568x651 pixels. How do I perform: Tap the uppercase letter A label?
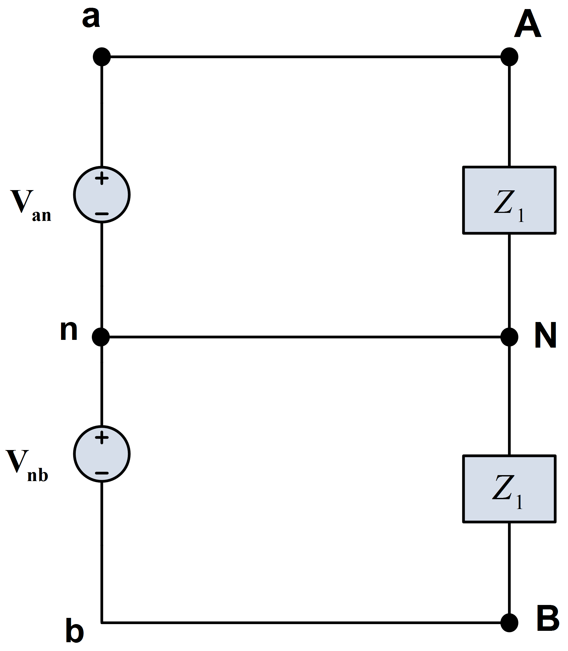coord(527,24)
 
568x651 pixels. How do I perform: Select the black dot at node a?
coord(102,57)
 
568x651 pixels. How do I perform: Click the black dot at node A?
coord(509,57)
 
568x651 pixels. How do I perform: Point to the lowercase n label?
coord(69,330)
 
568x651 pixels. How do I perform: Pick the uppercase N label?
coord(545,335)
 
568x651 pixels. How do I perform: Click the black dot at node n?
coord(101,337)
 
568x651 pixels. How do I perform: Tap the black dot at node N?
coord(509,337)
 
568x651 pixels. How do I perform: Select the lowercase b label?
coord(74,631)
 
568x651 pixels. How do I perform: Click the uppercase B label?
coord(548,618)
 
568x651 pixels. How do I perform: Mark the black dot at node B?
coord(509,623)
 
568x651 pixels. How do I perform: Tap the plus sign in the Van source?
coord(102,178)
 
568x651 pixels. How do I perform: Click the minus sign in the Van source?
coord(102,214)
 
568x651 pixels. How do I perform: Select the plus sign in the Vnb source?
coord(102,437)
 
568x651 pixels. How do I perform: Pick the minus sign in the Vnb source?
coord(102,473)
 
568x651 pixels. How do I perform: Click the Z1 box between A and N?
coord(509,200)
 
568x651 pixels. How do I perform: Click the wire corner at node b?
coord(102,623)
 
